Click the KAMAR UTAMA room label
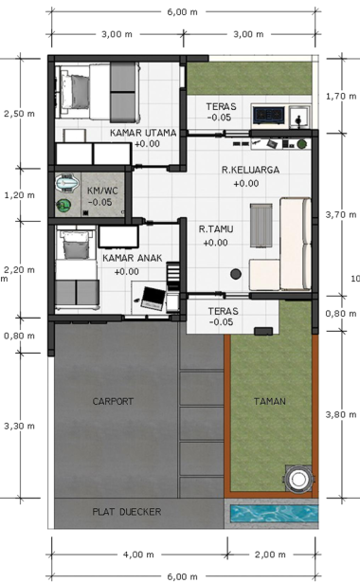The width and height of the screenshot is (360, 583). coord(143,133)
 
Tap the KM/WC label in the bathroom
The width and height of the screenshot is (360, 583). coord(102,191)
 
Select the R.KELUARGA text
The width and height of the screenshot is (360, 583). coord(250,170)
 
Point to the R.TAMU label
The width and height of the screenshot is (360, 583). coord(216,229)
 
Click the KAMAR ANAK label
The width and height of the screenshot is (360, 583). coord(133,258)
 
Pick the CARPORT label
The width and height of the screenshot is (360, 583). coord(113,402)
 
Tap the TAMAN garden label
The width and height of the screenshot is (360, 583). coord(270,402)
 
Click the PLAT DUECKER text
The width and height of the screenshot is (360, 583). coord(127,512)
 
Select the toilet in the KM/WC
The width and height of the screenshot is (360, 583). coord(67,183)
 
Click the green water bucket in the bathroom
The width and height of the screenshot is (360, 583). coord(63,206)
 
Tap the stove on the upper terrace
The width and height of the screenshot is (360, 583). coord(269,116)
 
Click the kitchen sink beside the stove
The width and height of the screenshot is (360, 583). coord(299,116)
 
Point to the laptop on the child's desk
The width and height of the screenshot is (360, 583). coord(152,299)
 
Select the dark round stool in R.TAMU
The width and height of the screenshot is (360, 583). coord(236,274)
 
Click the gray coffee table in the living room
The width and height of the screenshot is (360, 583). coord(261,225)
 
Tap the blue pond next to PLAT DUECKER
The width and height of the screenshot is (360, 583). coord(274,514)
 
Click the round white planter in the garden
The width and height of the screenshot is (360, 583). coord(298,480)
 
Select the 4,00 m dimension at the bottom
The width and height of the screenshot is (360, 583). coord(138,555)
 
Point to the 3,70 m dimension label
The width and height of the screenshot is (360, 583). coord(341,214)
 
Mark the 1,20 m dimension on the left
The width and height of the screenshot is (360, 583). coord(19,195)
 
